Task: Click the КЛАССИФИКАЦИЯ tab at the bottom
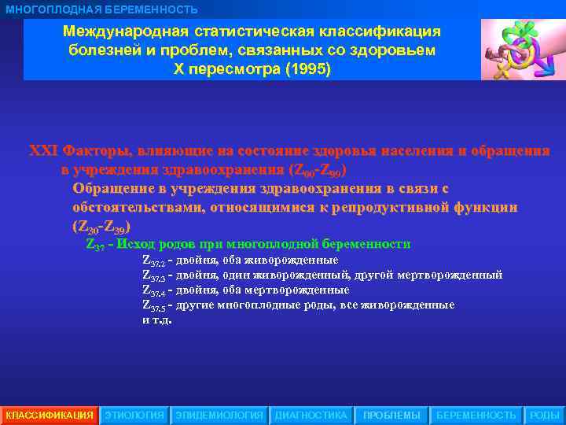tap(50, 415)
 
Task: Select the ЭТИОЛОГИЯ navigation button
tap(134, 415)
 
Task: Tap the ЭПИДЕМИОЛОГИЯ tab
tap(219, 415)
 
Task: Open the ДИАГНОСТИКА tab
tap(311, 415)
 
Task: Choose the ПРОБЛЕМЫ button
tap(391, 415)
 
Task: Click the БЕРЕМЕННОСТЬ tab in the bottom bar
tap(476, 415)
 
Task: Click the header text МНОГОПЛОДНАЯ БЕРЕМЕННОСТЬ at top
tap(102, 9)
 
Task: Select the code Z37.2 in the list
tap(153, 261)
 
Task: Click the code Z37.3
tap(153, 275)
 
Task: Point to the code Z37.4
tap(153, 290)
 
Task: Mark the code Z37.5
tap(153, 305)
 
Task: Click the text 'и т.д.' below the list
tap(156, 320)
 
